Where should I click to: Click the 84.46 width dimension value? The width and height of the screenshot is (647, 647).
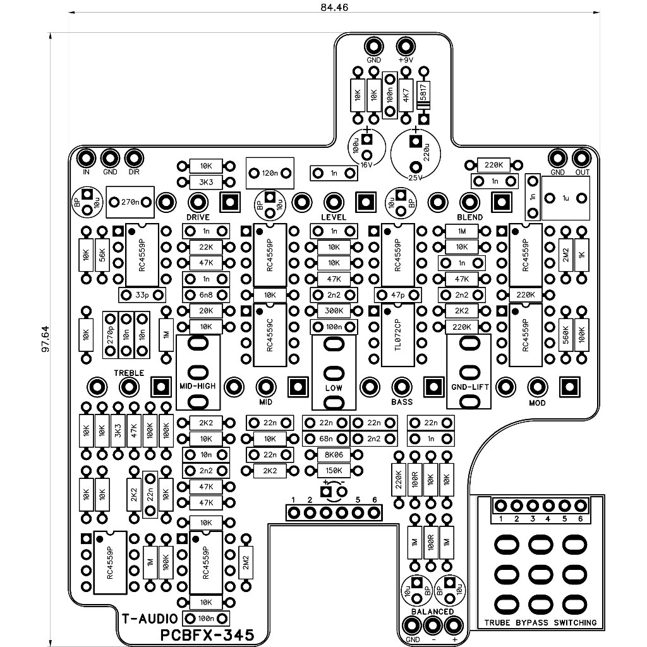click(x=334, y=7)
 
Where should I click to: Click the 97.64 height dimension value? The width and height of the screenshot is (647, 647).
click(x=45, y=339)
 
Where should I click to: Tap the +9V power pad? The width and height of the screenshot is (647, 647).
click(x=406, y=46)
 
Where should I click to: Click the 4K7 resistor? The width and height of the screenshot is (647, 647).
click(x=406, y=95)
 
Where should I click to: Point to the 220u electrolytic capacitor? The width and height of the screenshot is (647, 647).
click(x=416, y=153)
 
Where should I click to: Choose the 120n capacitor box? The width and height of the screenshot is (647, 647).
click(x=270, y=173)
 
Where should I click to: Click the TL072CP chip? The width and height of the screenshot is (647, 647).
click(x=398, y=335)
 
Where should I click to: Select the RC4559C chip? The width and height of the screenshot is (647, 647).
click(x=270, y=335)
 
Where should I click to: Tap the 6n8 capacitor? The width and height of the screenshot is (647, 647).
click(x=206, y=295)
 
